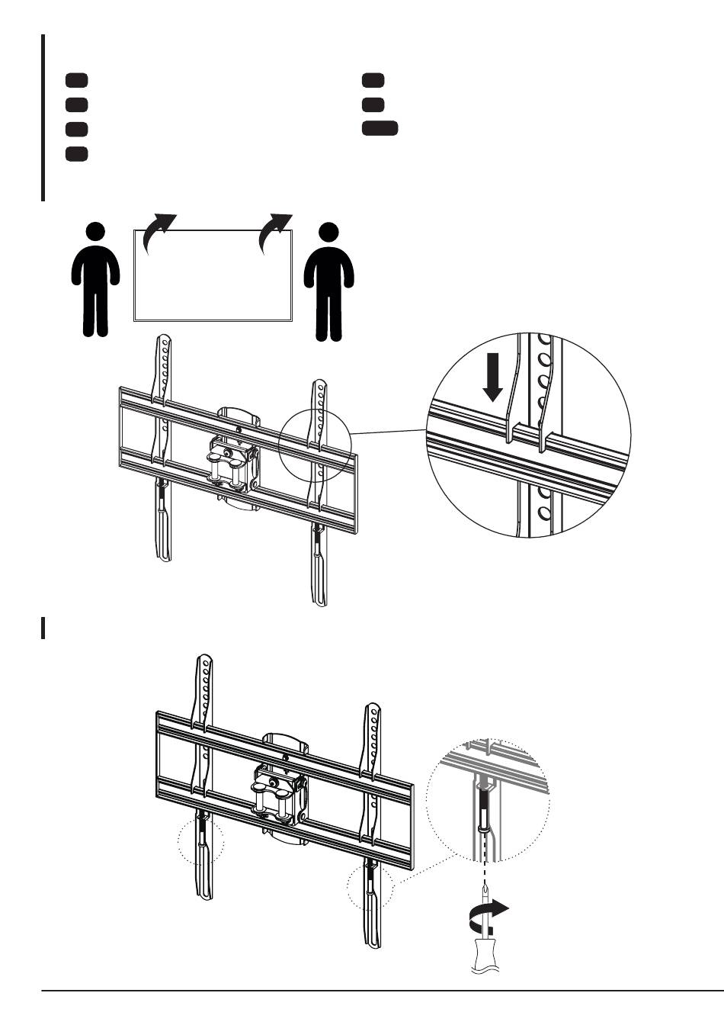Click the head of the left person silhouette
click(95, 233)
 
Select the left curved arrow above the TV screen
click(159, 231)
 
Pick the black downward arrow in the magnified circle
click(493, 381)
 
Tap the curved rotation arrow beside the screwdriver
click(488, 912)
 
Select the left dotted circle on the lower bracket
click(201, 843)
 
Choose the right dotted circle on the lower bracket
click(370, 888)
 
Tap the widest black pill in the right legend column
click(380, 128)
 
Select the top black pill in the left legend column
click(76, 80)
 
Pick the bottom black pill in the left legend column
click(76, 153)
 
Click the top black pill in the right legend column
click(373, 80)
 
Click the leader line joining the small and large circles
click(389, 432)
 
